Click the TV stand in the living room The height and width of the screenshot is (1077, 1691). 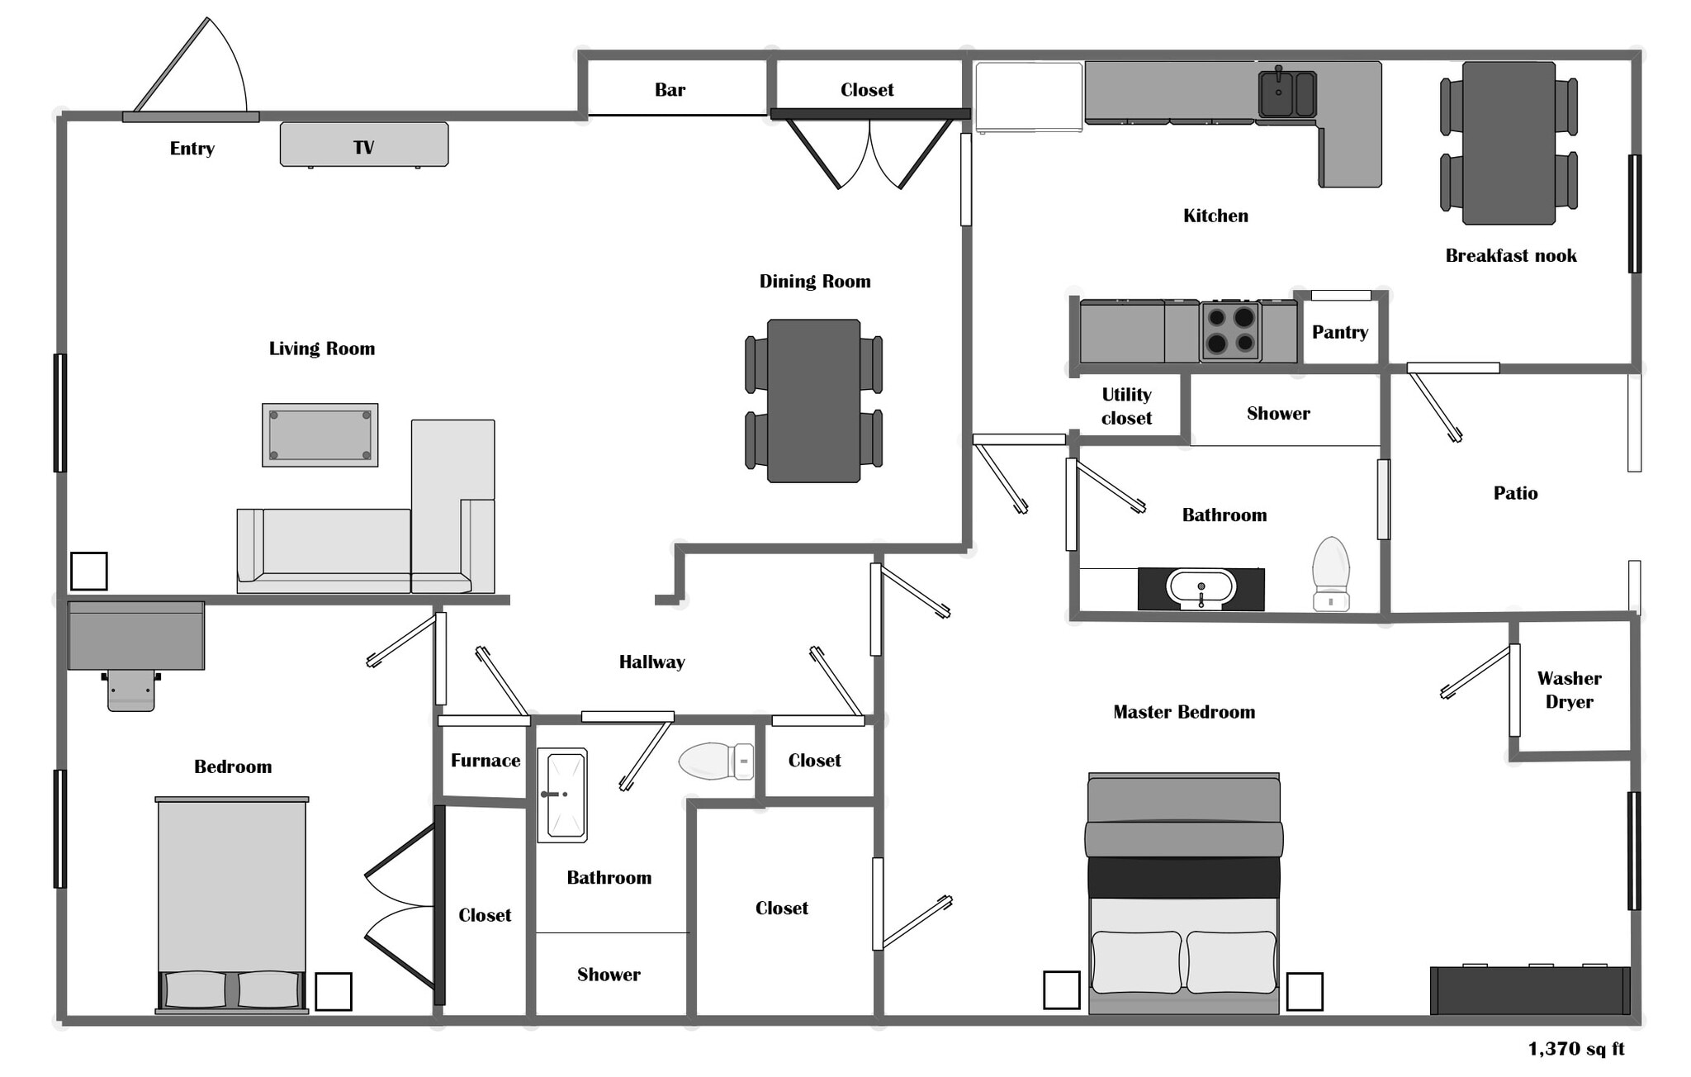click(x=363, y=145)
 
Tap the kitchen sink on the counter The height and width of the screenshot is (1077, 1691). click(x=1286, y=93)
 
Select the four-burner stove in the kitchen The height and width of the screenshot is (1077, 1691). click(x=1230, y=331)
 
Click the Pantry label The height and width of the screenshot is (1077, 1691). click(x=1339, y=332)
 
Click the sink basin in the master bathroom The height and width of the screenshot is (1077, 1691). click(x=1201, y=588)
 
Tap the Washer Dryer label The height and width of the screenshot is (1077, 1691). click(x=1569, y=690)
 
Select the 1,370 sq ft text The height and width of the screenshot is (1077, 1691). click(x=1575, y=1049)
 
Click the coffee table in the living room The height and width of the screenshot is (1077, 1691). click(x=320, y=435)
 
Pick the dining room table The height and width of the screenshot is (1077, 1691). click(x=813, y=401)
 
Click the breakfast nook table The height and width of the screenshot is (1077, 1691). click(x=1509, y=142)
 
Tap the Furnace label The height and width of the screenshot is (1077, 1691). click(x=485, y=760)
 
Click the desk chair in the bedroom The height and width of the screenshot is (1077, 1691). click(x=130, y=690)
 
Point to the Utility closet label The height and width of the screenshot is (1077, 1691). click(x=1126, y=406)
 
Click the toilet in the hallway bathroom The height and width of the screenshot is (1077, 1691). click(x=714, y=761)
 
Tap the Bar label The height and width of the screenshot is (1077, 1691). click(x=670, y=89)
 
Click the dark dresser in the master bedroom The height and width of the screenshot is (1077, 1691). click(x=1529, y=990)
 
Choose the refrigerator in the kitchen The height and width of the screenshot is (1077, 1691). click(x=1028, y=97)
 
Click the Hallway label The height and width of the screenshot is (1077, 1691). click(x=651, y=662)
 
